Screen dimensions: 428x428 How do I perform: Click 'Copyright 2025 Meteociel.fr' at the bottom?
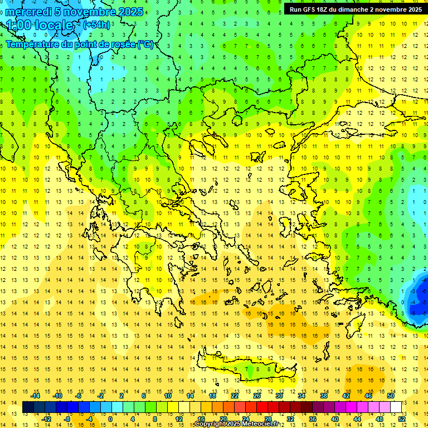pyautogui.click(x=237, y=424)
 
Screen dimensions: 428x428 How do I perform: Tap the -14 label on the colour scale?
pyautogui.click(x=36, y=396)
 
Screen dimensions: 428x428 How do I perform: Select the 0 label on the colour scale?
pyautogui.click(x=110, y=419)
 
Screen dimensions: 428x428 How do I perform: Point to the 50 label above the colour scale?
pyautogui.click(x=391, y=396)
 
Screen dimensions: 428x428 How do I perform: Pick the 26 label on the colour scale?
pyautogui.click(x=257, y=396)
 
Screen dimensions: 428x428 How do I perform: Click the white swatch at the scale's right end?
pyautogui.click(x=396, y=407)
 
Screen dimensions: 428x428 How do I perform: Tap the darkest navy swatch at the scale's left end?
pyautogui.click(x=28, y=407)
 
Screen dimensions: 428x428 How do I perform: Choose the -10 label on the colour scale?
pyautogui.click(x=57, y=396)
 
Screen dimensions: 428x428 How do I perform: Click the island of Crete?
pyautogui.click(x=245, y=369)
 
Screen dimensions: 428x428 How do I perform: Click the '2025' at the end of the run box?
pyautogui.click(x=413, y=9)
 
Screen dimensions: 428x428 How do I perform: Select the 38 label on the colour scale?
pyautogui.click(x=324, y=396)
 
